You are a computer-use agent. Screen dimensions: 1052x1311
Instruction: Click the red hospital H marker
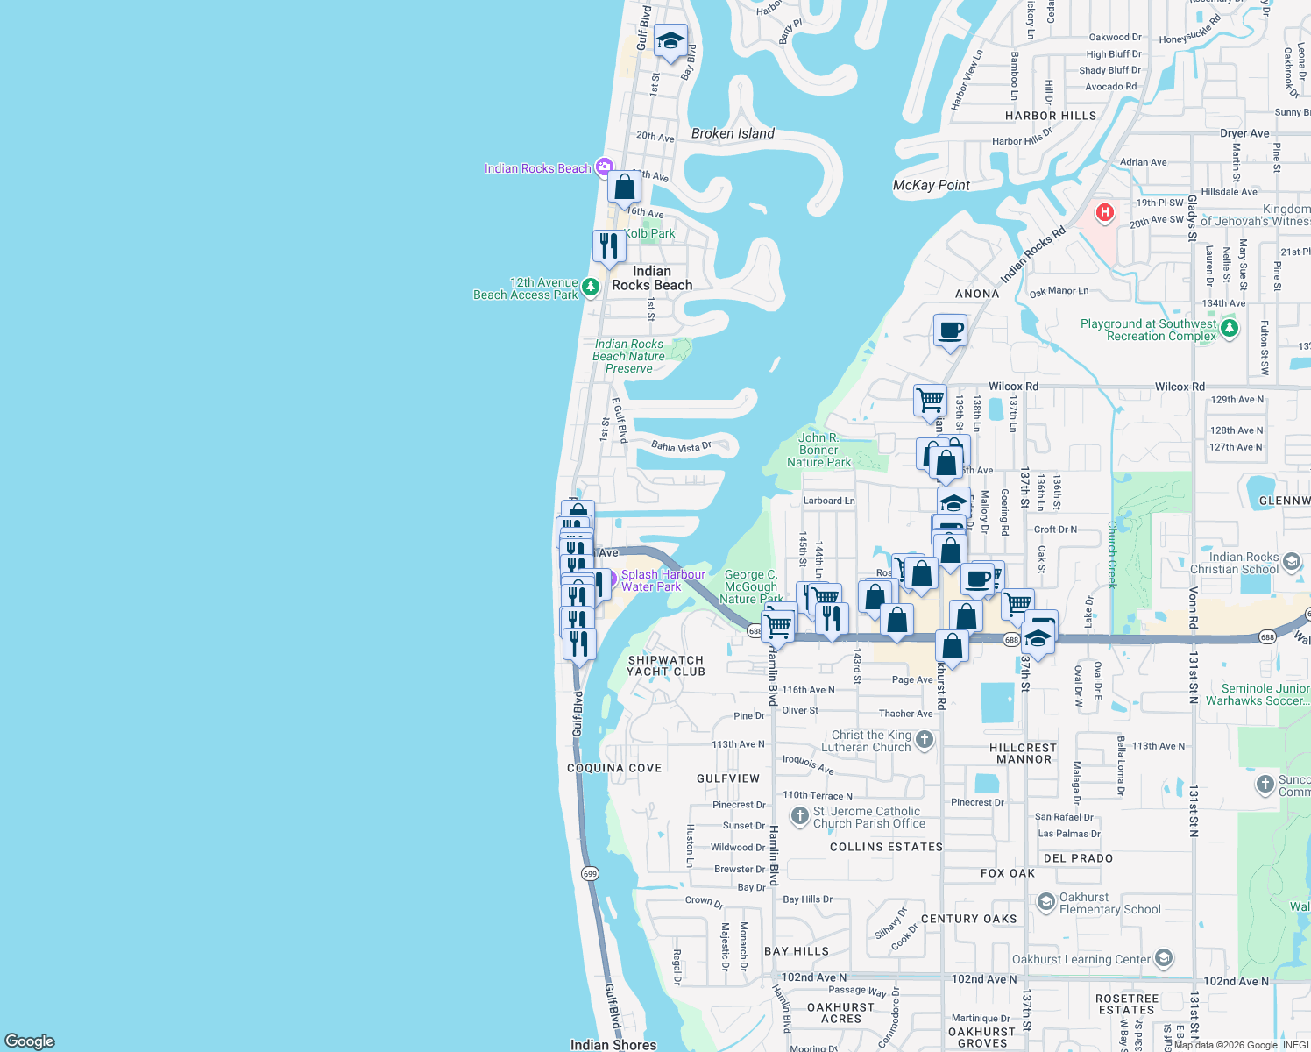[x=1105, y=212]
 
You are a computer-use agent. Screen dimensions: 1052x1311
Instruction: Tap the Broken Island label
[x=733, y=133]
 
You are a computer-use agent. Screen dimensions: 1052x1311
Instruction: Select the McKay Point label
[x=931, y=185]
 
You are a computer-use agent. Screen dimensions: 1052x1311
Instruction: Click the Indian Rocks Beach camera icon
[x=604, y=167]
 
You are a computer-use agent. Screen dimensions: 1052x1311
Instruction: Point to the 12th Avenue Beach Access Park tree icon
[x=591, y=287]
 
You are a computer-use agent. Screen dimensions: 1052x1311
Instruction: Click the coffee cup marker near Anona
[x=950, y=331]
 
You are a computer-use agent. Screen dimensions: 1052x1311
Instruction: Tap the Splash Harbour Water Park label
[x=663, y=580]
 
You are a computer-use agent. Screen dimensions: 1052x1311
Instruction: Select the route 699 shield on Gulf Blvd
[x=590, y=873]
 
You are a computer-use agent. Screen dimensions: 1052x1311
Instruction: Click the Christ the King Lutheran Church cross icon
[x=924, y=740]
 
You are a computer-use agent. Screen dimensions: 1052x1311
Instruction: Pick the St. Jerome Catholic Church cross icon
[x=799, y=816]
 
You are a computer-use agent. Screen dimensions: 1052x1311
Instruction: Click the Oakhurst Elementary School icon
[x=1045, y=902]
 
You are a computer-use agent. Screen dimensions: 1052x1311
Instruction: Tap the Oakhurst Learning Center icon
[x=1163, y=958]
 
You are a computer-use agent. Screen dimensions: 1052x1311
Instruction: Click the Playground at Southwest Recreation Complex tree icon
[x=1230, y=329]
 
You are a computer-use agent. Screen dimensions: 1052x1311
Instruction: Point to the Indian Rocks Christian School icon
[x=1292, y=561]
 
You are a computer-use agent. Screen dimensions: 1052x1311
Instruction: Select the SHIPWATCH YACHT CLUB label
[x=666, y=666]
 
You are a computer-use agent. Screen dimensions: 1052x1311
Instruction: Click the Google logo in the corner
[x=30, y=1041]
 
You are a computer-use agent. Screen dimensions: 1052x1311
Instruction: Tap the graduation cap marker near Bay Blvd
[x=670, y=41]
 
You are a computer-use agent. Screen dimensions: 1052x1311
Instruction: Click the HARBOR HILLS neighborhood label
[x=1050, y=116]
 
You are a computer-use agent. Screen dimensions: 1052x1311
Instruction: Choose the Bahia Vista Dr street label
[x=681, y=447]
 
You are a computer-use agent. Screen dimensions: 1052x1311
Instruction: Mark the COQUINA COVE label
[x=614, y=768]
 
